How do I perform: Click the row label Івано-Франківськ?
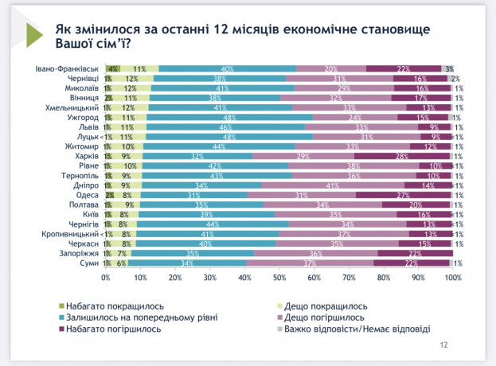tap(68, 69)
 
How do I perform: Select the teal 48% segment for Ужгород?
tap(229, 117)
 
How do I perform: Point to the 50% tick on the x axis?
tap(279, 278)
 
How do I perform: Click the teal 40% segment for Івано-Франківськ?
tap(228, 69)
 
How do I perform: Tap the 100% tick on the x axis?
tap(452, 278)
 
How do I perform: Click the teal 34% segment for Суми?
tap(186, 263)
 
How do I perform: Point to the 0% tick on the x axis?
tap(106, 278)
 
